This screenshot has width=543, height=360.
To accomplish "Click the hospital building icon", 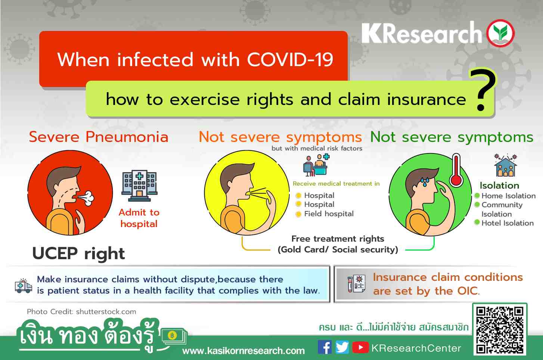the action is click(139, 186).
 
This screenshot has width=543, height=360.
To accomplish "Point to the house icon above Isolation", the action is click(505, 165).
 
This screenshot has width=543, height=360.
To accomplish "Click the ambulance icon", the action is click(23, 286).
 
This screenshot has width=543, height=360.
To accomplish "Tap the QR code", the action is click(500, 329).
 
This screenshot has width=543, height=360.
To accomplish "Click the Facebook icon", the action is click(325, 347).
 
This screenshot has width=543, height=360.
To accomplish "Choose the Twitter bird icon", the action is click(342, 347).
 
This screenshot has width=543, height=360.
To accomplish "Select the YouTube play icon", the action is click(360, 347).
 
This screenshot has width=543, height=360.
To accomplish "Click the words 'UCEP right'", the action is click(78, 254).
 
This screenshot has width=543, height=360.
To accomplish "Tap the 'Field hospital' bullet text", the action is click(329, 214).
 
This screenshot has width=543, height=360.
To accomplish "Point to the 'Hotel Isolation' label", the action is click(508, 223).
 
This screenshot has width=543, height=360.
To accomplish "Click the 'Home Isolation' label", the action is click(508, 196).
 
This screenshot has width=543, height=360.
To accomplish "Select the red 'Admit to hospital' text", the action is click(139, 218).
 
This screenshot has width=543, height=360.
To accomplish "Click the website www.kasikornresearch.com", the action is click(243, 351).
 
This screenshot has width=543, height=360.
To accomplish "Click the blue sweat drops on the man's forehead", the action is click(425, 182).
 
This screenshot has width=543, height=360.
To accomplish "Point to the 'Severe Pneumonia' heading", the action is click(99, 137).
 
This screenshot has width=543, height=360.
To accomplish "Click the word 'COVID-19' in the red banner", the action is click(290, 60).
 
